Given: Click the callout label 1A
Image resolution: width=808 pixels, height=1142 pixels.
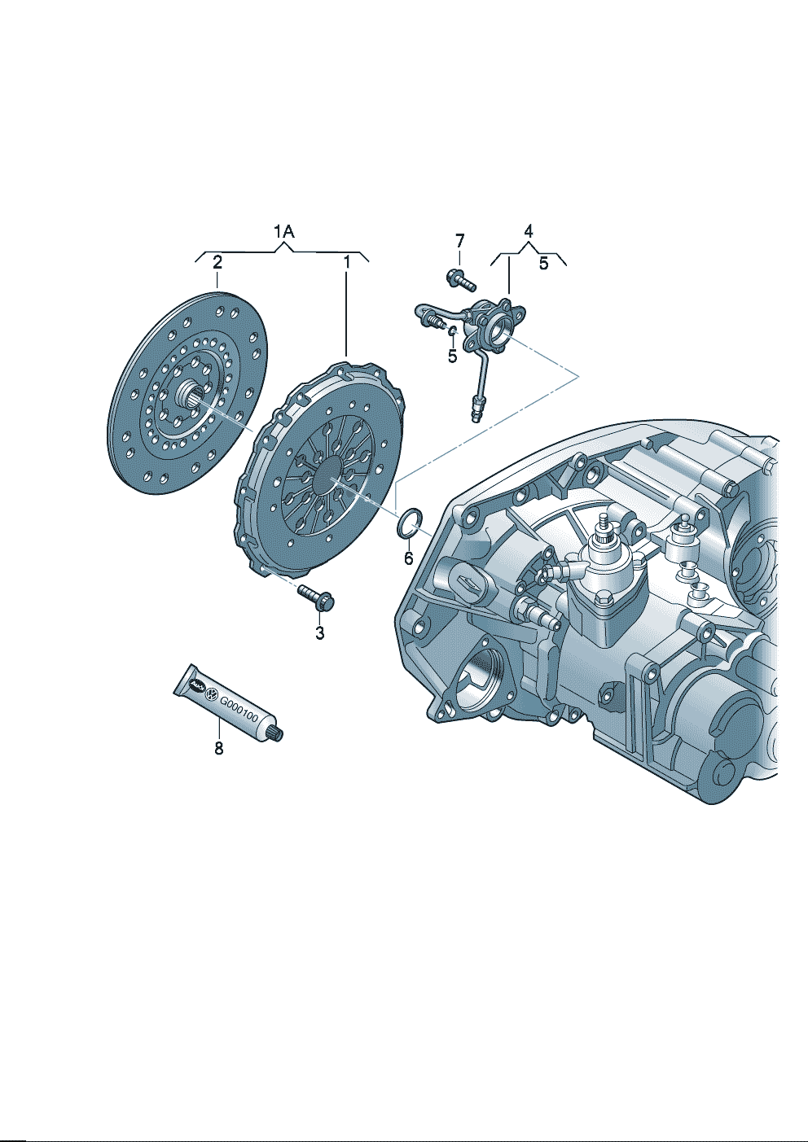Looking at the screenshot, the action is pos(284,232).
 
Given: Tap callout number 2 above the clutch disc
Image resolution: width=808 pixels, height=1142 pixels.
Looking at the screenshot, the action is pos(217,263).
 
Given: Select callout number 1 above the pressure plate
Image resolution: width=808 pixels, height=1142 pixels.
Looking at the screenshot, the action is pos(346,263).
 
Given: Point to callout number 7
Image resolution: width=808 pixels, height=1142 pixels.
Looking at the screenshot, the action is pos(459,239).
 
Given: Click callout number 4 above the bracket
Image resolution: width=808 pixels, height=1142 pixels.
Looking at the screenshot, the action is pos(529,231).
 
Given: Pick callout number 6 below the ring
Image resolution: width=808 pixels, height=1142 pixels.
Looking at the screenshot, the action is pos(408,558).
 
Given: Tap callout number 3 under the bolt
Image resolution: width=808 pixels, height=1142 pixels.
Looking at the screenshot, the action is pos(319,634).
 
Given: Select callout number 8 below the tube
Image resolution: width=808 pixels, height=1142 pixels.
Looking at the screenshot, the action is pos(219,748).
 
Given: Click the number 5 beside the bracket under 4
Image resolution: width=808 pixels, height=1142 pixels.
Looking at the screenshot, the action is pos(544,264).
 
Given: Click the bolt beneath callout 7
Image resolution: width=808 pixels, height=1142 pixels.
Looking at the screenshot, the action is pos(461,279).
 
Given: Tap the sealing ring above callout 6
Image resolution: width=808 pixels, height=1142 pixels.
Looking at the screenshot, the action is pos(410,523).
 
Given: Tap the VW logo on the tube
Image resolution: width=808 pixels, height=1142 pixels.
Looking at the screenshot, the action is pos(210,694).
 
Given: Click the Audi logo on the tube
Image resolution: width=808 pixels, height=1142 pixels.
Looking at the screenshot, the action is pos(195,685).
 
